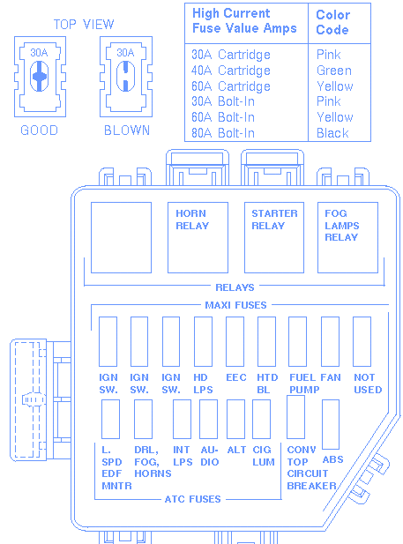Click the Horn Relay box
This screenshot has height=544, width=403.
coord(198,238)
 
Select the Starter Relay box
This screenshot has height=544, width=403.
coord(274,238)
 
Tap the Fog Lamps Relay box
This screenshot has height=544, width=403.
coord(347,238)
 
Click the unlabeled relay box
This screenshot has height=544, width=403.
coord(121,238)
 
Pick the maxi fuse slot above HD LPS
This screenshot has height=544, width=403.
coord(203,341)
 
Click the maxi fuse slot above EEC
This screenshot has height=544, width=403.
coord(235,341)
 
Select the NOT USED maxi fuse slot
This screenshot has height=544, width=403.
coord(362,341)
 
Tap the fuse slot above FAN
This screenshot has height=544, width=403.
coord(330,341)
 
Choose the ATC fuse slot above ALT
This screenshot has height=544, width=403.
coord(235,419)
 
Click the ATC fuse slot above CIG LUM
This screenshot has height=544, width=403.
coord(261,419)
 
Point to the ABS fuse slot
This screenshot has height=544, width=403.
coord(331,424)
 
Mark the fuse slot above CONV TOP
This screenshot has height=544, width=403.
coord(296,417)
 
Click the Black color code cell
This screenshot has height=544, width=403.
coord(332,133)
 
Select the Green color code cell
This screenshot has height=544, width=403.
coord(334,71)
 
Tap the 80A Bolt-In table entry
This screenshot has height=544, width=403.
coord(223,133)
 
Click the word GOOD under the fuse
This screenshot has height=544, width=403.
coord(39,130)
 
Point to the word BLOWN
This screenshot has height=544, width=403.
coord(127,130)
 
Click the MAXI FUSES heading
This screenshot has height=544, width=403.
coord(235,305)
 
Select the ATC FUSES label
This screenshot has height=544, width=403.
coord(192,499)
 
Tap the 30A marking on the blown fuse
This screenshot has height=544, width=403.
coord(125,53)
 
